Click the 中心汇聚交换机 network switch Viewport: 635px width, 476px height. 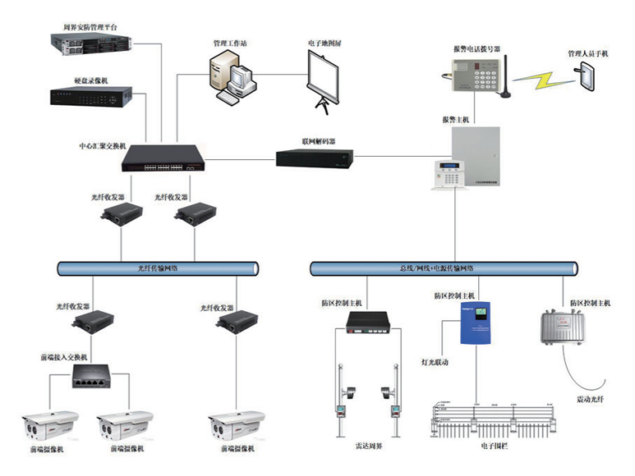click(x=162, y=157)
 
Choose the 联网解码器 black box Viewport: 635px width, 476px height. click(x=315, y=158)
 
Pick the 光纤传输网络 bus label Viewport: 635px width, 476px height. click(x=159, y=268)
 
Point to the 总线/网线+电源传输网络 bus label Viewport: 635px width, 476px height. click(x=441, y=268)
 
